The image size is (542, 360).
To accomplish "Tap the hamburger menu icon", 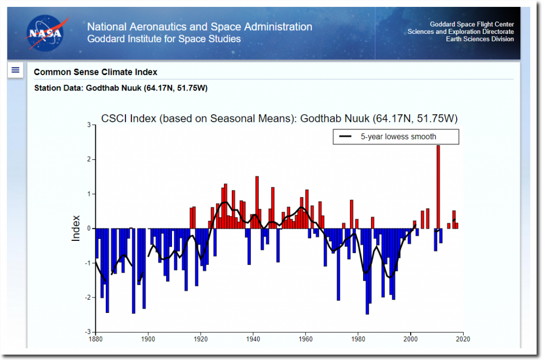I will coord(15,70).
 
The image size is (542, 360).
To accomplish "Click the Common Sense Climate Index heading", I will coord(95,72).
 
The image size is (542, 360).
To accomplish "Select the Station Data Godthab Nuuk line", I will coord(120,88).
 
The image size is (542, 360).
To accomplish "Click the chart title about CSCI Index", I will coord(279,118).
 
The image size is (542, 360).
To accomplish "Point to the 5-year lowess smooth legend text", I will coord(398,137).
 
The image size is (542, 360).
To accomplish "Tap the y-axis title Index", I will coord(76,228).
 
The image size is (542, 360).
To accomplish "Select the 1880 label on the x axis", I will coord(95,339).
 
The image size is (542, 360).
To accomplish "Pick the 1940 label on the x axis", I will coord(253,339).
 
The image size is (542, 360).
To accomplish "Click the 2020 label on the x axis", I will coord(463,339).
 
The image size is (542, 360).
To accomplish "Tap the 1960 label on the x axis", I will coord(305,339).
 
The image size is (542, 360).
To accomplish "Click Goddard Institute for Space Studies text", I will coord(164,39).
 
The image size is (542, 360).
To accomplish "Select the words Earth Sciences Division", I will coord(480,39).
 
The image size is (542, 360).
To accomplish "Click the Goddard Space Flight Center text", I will coord(472,24).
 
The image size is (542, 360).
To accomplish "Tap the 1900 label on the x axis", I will coord(148,339).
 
